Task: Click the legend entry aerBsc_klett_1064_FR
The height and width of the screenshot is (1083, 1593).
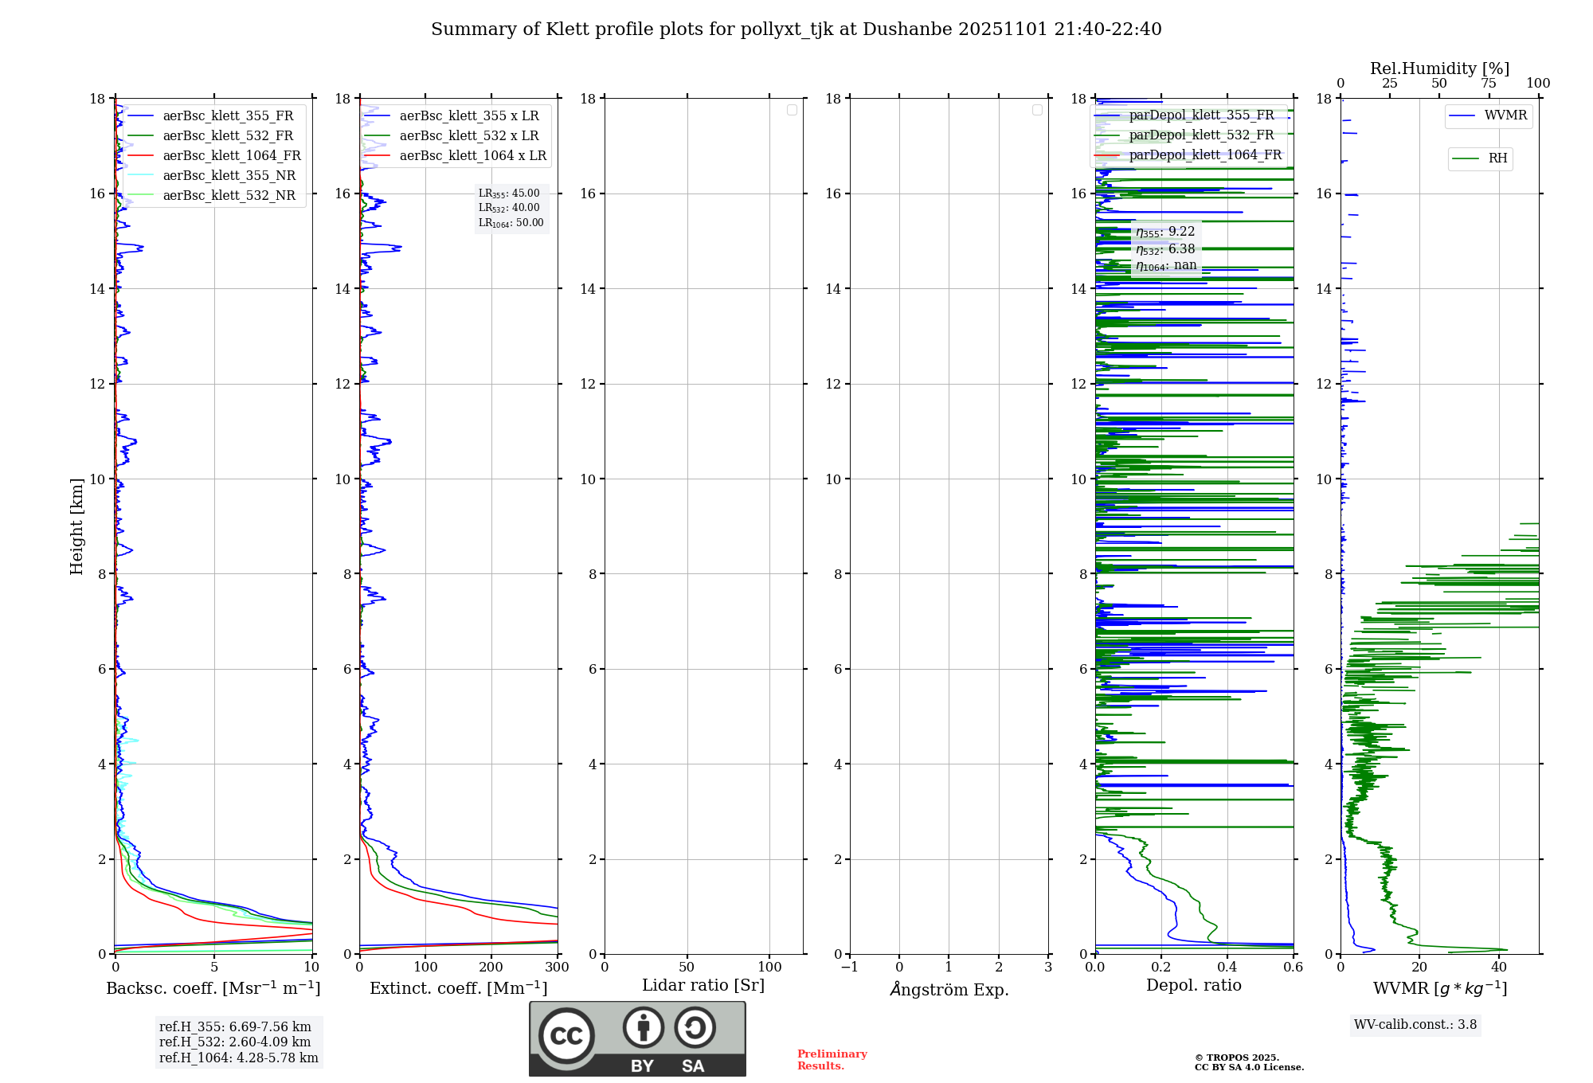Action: pos(231,155)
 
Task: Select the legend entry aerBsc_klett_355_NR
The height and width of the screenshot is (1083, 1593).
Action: pos(229,175)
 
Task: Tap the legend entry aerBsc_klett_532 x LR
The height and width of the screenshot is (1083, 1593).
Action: pos(468,135)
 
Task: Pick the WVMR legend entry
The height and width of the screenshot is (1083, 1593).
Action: pos(1505,115)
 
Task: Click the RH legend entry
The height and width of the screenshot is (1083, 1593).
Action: pos(1497,158)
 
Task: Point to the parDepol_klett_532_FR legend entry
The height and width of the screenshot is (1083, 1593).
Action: pos(1200,135)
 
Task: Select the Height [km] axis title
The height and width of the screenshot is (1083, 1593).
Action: pos(76,526)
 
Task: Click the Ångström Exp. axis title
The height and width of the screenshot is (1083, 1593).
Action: pos(949,989)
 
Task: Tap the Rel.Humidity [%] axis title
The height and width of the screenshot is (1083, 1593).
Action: pos(1439,68)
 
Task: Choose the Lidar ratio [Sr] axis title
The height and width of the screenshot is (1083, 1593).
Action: pos(703,985)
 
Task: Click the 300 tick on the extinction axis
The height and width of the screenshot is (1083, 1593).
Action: pos(557,967)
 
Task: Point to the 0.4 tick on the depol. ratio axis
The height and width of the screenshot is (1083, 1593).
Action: pos(1227,967)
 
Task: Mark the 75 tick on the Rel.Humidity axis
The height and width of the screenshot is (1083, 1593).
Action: pos(1489,83)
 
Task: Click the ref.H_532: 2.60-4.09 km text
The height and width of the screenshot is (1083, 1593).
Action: pos(234,1042)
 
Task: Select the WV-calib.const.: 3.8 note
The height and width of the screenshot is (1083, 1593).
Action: pos(1415,1024)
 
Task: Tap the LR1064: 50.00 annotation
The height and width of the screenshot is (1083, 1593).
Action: pos(511,223)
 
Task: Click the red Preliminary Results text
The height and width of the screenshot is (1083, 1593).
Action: pos(832,1059)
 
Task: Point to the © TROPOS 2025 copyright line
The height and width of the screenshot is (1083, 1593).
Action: pos(1236,1058)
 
